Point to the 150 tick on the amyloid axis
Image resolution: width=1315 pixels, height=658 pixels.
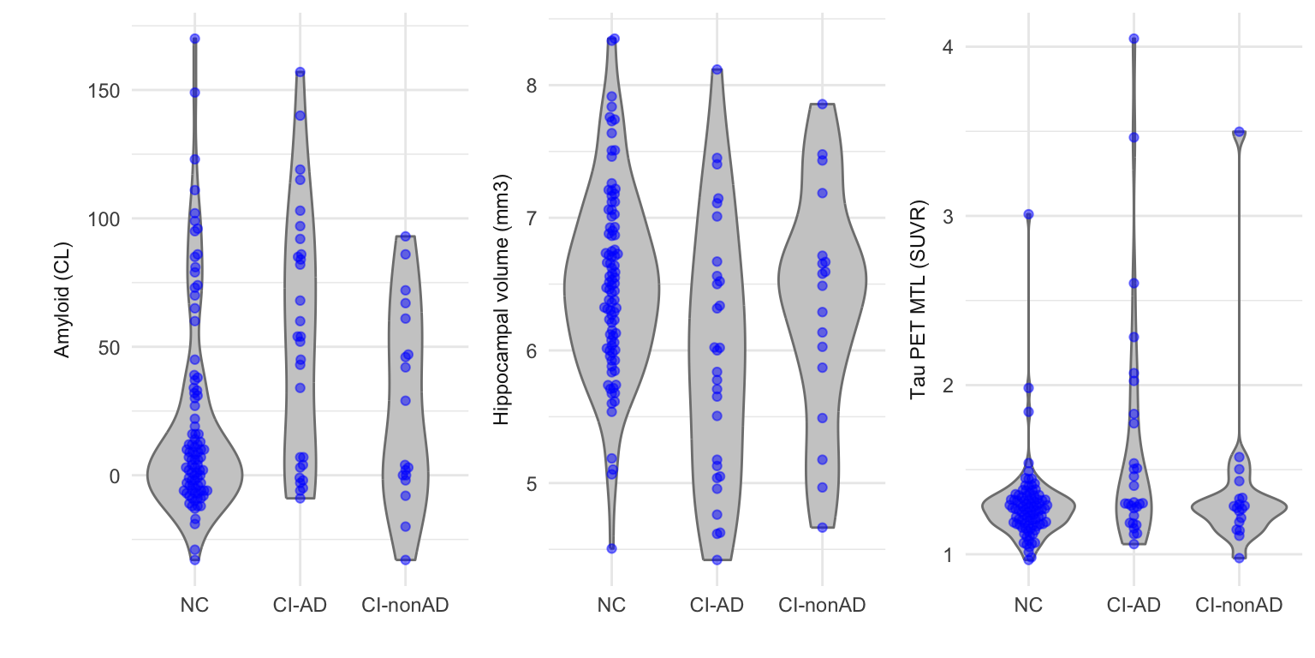point(104,91)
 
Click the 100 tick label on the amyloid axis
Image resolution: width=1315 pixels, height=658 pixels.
point(104,218)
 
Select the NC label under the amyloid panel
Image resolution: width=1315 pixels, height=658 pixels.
point(194,606)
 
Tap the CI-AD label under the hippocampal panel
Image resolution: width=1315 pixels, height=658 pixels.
point(717,606)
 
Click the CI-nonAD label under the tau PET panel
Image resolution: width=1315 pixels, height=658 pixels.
point(1239,606)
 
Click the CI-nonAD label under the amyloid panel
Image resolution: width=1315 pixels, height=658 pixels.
point(405,606)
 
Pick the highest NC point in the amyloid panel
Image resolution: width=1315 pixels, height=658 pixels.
point(194,39)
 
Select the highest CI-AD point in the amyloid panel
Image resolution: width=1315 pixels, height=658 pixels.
point(300,72)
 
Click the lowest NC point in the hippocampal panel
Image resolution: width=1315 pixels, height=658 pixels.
point(611,548)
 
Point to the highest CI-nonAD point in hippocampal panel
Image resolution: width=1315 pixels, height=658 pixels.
point(822,104)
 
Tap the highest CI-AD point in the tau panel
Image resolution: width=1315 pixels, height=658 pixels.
point(1134,39)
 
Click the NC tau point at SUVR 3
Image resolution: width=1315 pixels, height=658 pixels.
point(1028,214)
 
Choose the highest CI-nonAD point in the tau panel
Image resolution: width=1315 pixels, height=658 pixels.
point(1239,132)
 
